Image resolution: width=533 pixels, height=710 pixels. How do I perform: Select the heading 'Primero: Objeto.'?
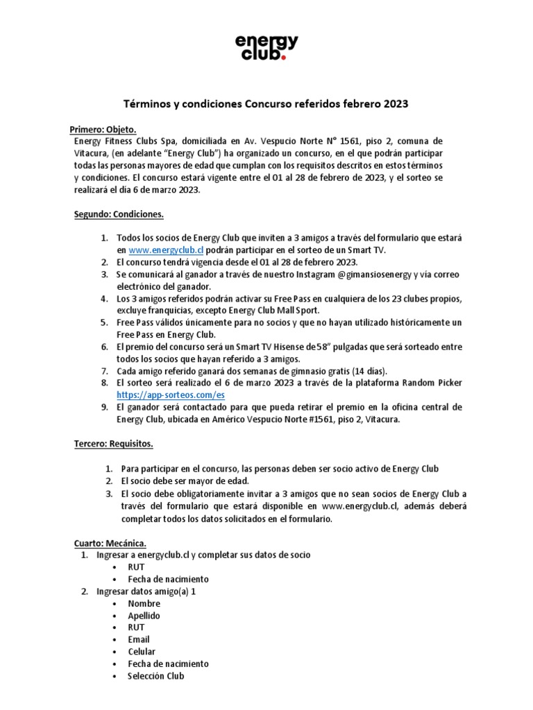point(103,130)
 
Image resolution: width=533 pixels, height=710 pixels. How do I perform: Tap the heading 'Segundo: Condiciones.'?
point(118,214)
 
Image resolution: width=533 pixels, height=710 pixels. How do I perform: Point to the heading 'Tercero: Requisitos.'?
point(114,443)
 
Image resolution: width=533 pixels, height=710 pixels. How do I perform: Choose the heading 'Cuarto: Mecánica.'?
point(110,543)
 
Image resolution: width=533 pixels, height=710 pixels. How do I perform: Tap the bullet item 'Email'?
point(139,639)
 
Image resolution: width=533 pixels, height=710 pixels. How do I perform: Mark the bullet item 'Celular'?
point(142,652)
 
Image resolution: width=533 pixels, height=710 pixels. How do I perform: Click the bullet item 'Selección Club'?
point(156,676)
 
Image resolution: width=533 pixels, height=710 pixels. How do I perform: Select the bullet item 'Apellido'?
point(144,616)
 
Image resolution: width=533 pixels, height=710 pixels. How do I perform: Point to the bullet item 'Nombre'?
point(144,603)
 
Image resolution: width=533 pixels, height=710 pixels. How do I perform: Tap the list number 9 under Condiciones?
point(104,406)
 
